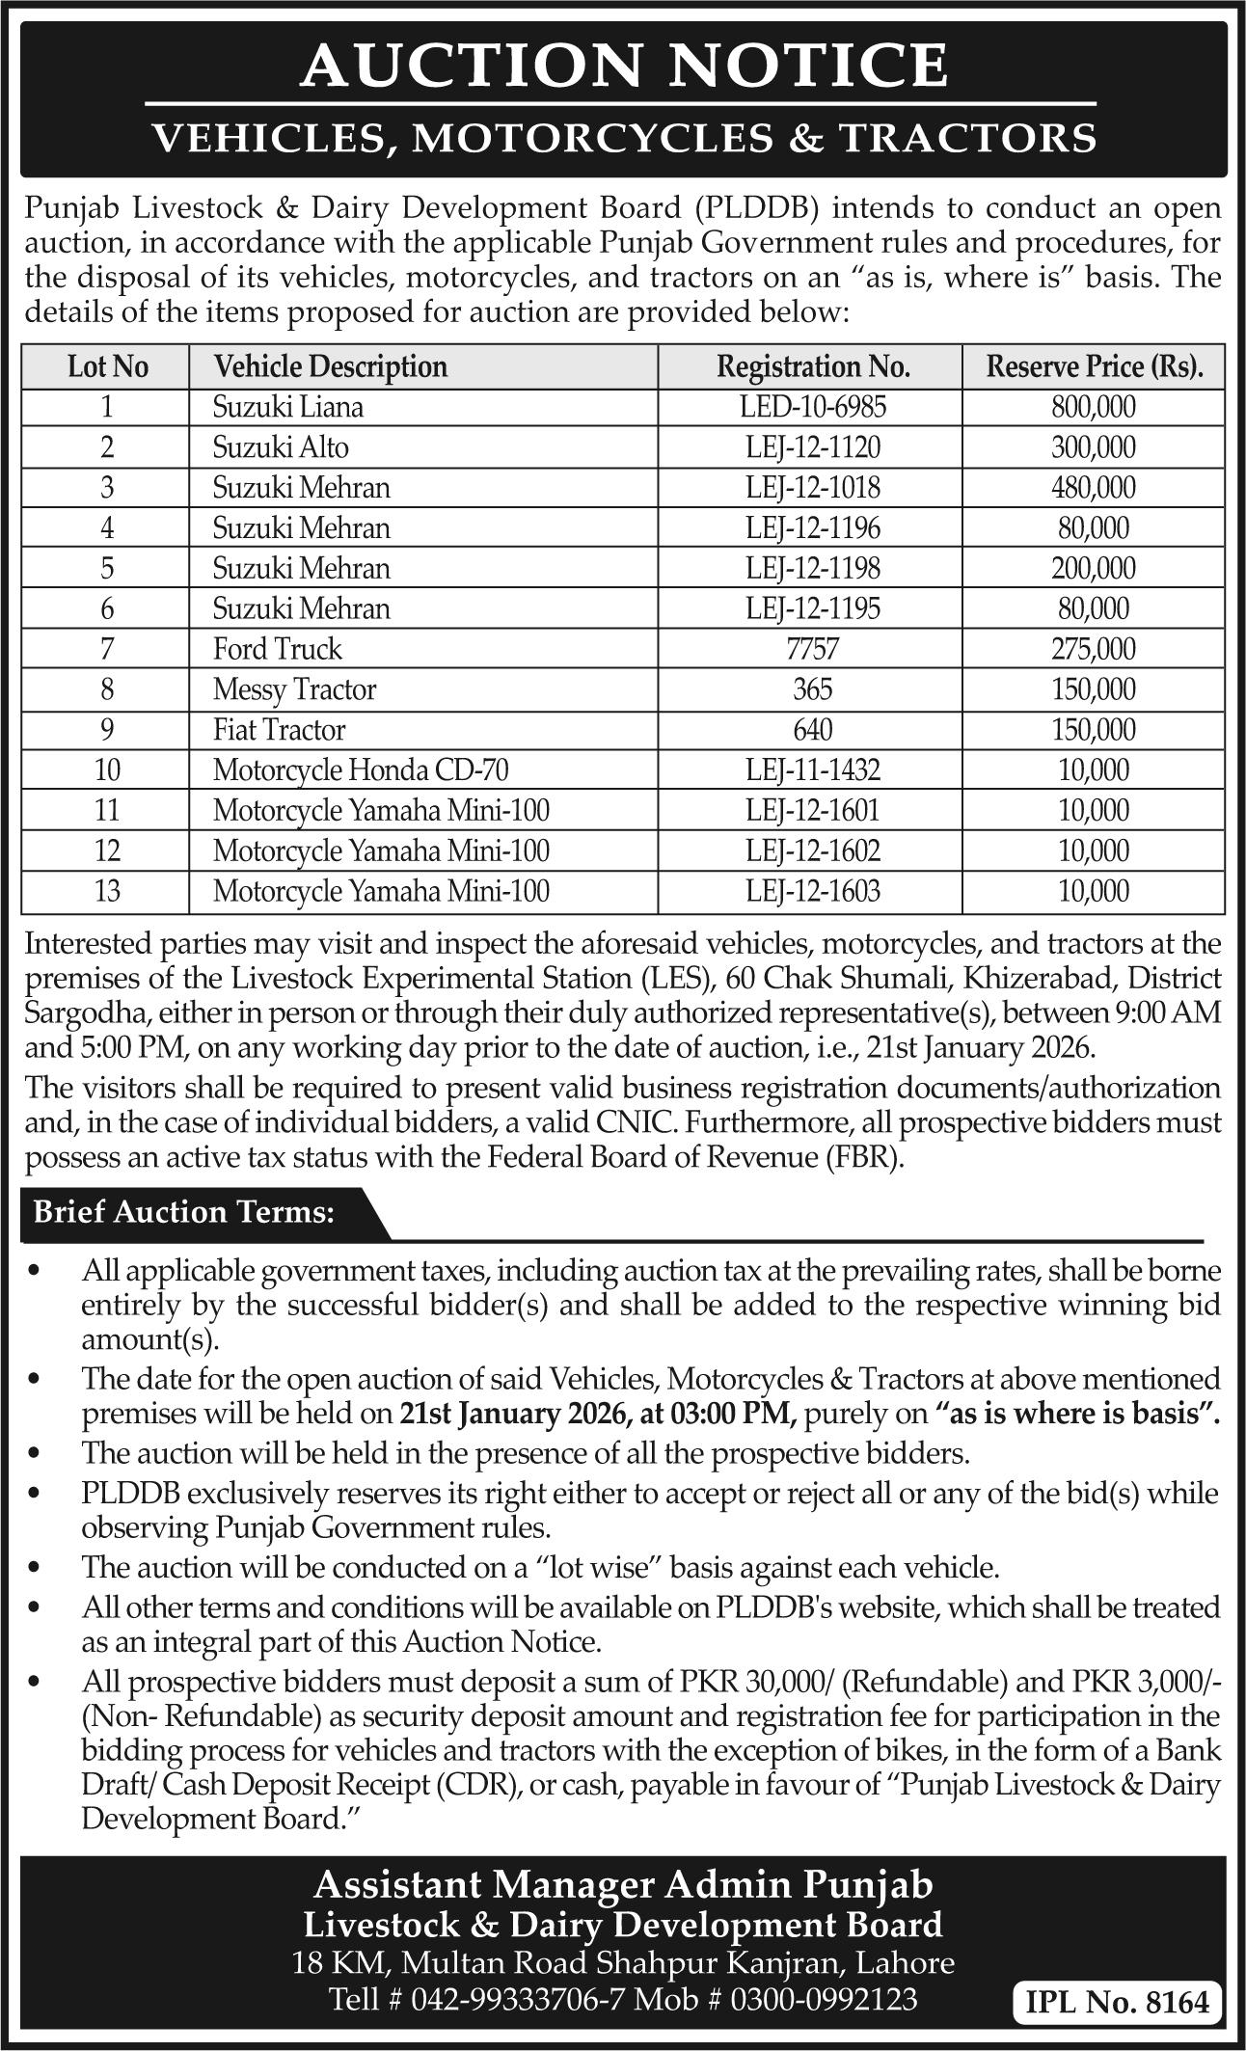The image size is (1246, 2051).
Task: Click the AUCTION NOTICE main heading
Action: tap(624, 66)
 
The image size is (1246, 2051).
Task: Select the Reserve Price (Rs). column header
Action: tap(1094, 367)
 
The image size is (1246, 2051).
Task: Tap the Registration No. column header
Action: tap(813, 367)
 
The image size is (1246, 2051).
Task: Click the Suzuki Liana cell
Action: tap(288, 407)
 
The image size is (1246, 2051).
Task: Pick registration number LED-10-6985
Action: tap(813, 407)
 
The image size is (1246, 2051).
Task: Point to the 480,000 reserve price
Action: tap(1094, 488)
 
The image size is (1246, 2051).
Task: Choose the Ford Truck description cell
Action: tap(278, 649)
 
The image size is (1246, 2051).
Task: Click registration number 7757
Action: tap(813, 649)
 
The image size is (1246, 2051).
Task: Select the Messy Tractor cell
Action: tap(295, 689)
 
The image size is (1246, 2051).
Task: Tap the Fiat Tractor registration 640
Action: tap(813, 730)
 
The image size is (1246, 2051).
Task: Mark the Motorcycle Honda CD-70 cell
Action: tap(361, 770)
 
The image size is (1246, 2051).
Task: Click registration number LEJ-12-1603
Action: tap(813, 891)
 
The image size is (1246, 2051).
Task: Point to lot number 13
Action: tap(106, 891)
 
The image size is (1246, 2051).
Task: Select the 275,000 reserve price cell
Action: tap(1094, 649)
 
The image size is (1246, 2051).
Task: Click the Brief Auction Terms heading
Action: tap(184, 1213)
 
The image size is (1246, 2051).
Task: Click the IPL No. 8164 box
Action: tap(1117, 2002)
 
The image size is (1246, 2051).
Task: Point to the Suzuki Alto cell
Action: tap(281, 447)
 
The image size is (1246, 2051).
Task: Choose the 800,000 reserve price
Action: tap(1094, 407)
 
